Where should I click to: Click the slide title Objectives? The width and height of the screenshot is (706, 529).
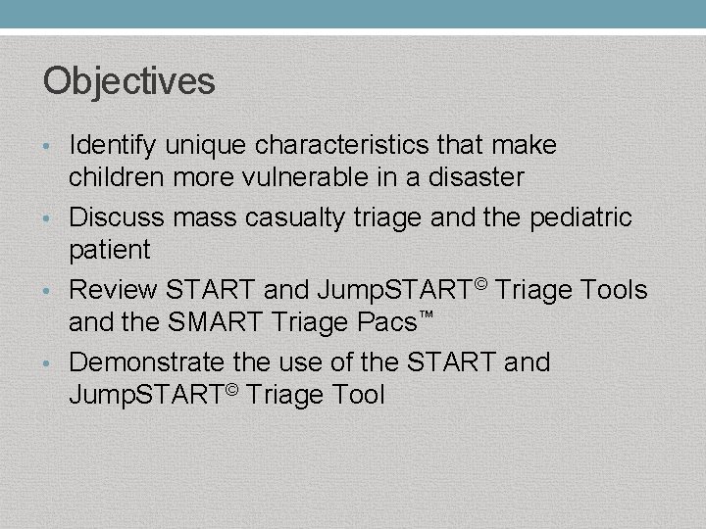pyautogui.click(x=128, y=81)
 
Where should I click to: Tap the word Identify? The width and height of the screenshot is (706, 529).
pyautogui.click(x=112, y=146)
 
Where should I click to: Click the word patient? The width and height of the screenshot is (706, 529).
pyautogui.click(x=109, y=250)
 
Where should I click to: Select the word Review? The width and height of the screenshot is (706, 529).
pyautogui.click(x=113, y=290)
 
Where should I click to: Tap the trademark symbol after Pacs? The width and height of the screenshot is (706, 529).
pyautogui.click(x=427, y=314)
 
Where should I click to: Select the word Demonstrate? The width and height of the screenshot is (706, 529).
pyautogui.click(x=146, y=362)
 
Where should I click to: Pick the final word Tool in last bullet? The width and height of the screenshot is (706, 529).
pyautogui.click(x=354, y=395)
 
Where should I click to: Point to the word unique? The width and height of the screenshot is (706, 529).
pyautogui.click(x=206, y=146)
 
